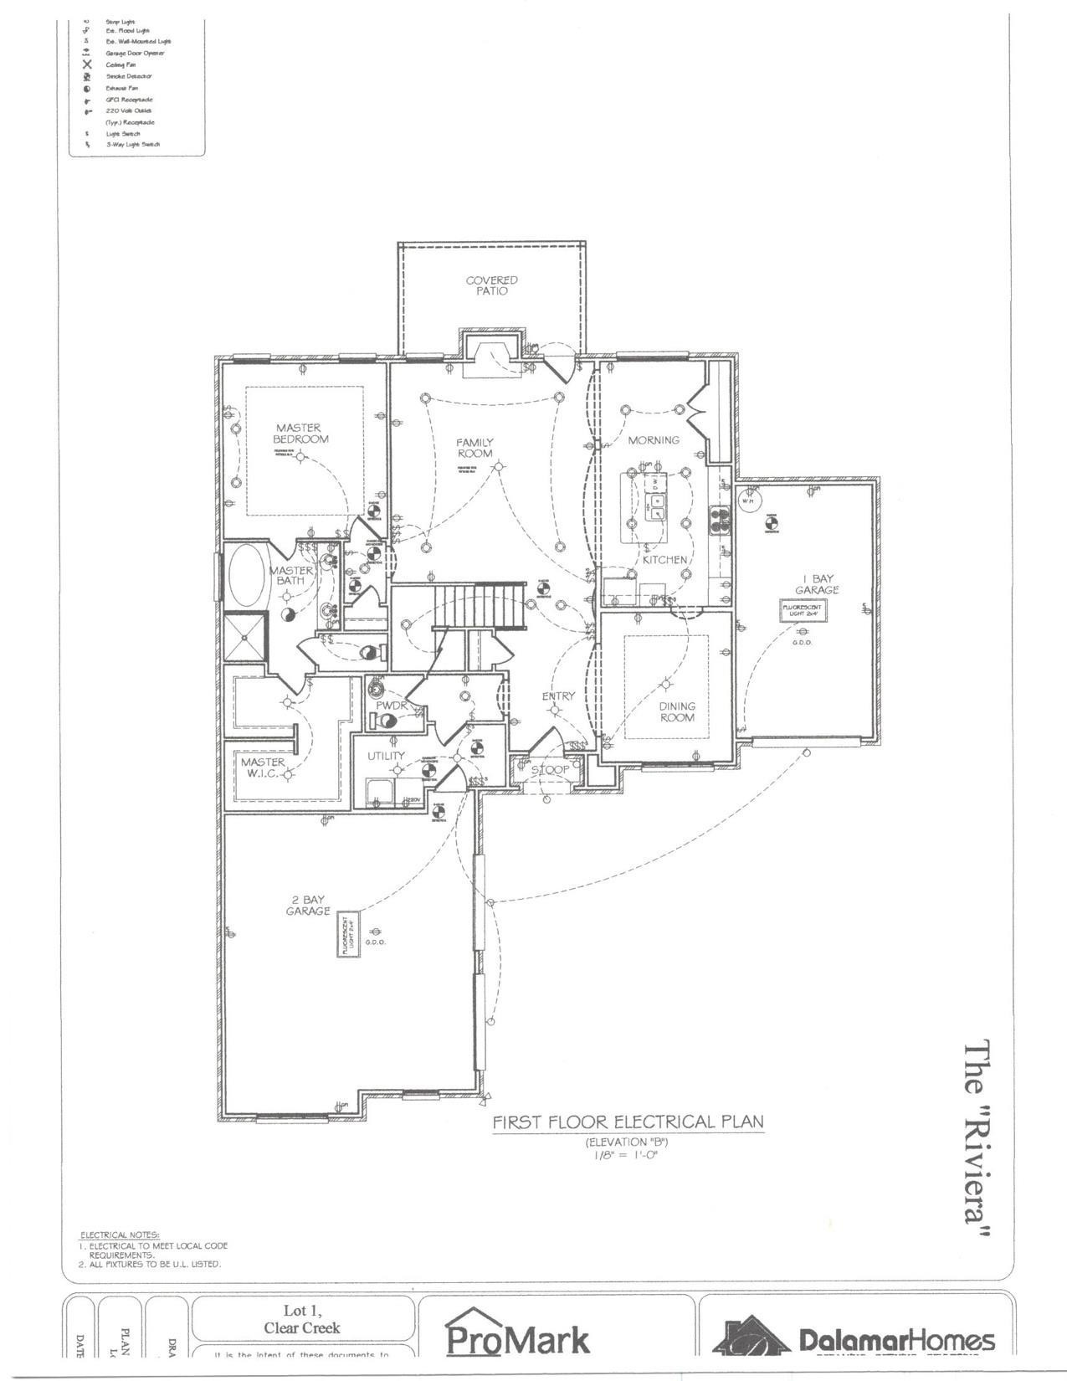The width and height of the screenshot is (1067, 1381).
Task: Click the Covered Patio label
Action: coord(492,285)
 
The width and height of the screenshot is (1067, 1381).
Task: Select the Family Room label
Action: coord(475,448)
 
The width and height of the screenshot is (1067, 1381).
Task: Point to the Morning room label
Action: coord(654,440)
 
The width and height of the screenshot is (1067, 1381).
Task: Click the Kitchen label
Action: coord(665,559)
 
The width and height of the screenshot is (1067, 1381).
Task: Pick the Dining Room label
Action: coord(677,712)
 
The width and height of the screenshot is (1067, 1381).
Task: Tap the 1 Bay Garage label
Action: coord(817,584)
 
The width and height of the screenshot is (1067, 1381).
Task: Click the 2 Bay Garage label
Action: coord(308,906)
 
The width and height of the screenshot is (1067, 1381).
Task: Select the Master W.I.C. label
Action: coord(263,768)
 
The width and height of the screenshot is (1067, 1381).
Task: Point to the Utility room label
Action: coord(387,756)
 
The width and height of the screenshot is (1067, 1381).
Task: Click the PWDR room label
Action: coord(391,706)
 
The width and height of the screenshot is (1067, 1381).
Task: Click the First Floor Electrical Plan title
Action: coord(628,1122)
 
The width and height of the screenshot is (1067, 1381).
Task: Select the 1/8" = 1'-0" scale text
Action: coord(627,1156)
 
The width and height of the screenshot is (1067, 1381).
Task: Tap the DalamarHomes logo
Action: coord(854,1339)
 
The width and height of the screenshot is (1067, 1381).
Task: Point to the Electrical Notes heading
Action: coord(119,1235)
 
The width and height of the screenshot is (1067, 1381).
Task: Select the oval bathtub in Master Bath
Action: coord(245,575)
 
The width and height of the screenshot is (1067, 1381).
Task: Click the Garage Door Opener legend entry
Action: coord(134,53)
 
